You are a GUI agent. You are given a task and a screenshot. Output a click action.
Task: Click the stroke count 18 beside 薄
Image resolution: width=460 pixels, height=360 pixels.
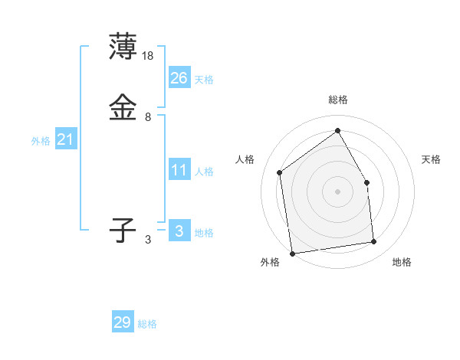tap(149, 55)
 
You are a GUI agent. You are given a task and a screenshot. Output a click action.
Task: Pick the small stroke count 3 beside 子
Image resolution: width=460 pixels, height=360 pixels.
tap(148, 240)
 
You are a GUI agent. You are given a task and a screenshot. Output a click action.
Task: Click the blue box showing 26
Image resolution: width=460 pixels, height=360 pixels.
tap(179, 78)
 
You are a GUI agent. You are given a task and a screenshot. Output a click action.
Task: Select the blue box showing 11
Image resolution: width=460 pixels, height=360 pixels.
tap(179, 170)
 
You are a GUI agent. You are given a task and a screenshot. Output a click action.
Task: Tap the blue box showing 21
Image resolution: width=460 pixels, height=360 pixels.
tap(66, 139)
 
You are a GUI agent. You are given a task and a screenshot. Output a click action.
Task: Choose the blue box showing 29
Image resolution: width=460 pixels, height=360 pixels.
tap(122, 322)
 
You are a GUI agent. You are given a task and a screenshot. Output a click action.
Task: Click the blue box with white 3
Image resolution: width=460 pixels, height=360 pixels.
tap(179, 231)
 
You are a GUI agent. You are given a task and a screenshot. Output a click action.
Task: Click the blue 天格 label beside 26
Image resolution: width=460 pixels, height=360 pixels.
tap(204, 80)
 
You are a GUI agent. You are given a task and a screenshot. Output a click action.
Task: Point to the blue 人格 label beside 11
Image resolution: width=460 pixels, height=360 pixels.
tap(204, 172)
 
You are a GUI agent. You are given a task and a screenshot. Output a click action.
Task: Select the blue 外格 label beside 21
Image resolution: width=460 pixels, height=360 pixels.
tap(41, 141)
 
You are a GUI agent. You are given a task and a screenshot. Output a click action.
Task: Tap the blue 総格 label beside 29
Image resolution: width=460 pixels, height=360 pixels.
tap(148, 324)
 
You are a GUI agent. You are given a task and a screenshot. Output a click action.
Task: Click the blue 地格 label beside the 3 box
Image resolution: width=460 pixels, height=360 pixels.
tap(204, 233)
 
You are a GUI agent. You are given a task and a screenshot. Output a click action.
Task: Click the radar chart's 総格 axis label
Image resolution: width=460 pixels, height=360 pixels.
tap(338, 100)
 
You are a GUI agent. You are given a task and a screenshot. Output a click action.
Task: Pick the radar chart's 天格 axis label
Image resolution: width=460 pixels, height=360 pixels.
tap(432, 159)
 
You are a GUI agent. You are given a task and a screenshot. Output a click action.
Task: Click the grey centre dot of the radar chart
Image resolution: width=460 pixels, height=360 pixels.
tap(338, 191)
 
